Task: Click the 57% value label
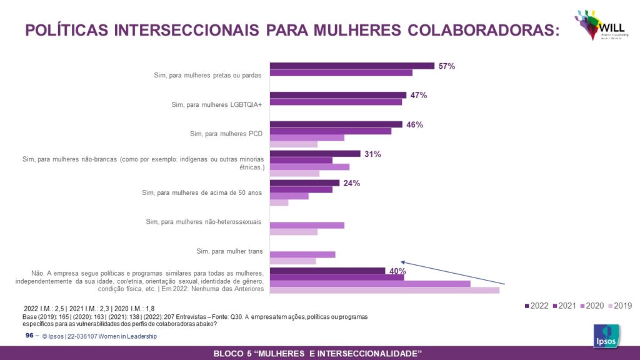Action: (x=446, y=66)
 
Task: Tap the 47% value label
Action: (x=419, y=95)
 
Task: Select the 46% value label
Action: (x=414, y=124)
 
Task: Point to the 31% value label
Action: (x=373, y=154)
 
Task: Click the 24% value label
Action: (x=352, y=183)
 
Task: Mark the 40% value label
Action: (x=398, y=271)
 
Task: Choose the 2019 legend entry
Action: (x=620, y=306)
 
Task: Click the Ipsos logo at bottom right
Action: (x=606, y=336)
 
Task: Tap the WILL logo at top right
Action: (x=597, y=25)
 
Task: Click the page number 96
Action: (x=29, y=336)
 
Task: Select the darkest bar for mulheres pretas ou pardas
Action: (x=352, y=66)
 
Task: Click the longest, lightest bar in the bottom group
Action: (x=384, y=290)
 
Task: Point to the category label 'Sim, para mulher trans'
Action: (x=229, y=251)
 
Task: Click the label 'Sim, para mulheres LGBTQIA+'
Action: (x=216, y=104)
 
